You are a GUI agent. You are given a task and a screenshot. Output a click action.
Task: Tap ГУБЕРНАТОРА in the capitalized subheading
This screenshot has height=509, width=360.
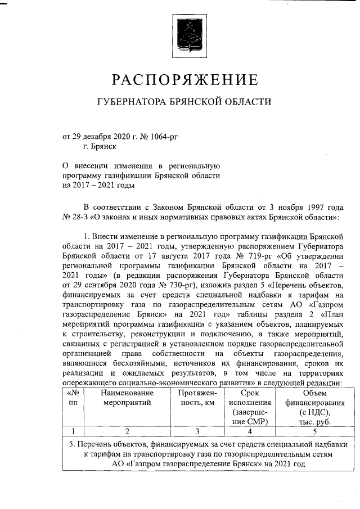[132, 102]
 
